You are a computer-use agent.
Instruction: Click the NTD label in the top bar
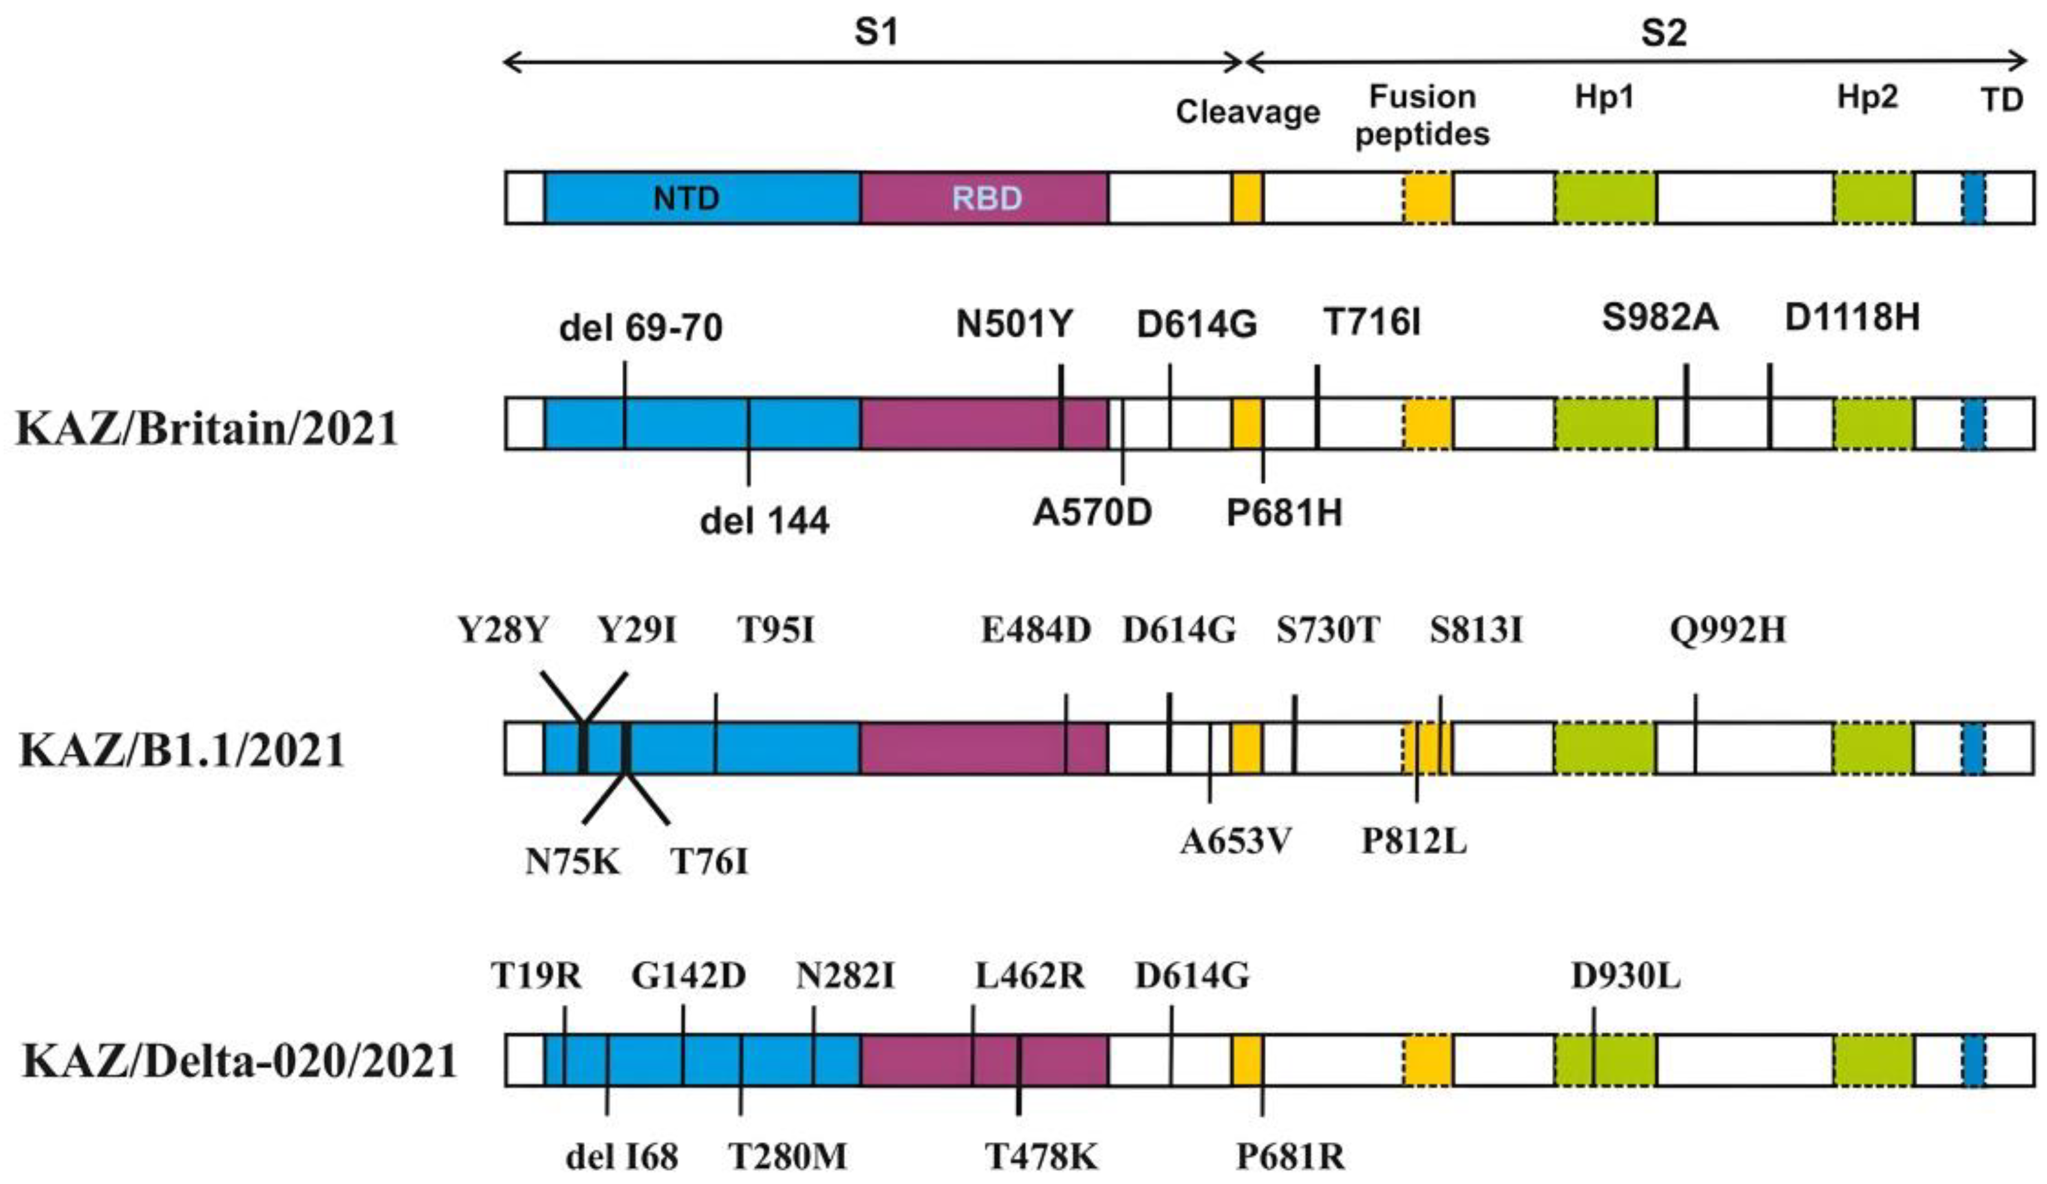click(x=686, y=198)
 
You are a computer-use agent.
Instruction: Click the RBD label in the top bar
click(x=986, y=198)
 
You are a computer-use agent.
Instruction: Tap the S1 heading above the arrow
click(x=876, y=32)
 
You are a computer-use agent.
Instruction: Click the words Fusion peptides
click(x=1422, y=115)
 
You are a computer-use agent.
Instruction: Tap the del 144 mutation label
click(x=764, y=521)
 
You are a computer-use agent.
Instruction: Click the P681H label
click(x=1283, y=512)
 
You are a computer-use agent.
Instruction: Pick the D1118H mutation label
click(x=1852, y=317)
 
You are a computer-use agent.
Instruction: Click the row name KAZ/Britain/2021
click(x=208, y=429)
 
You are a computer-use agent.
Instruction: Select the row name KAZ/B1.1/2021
click(x=182, y=750)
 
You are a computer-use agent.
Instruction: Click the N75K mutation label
click(x=573, y=861)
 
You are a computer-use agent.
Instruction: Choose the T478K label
click(x=1041, y=1156)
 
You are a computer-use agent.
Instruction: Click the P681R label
click(x=1290, y=1156)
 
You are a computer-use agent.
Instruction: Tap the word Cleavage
click(x=1248, y=112)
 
